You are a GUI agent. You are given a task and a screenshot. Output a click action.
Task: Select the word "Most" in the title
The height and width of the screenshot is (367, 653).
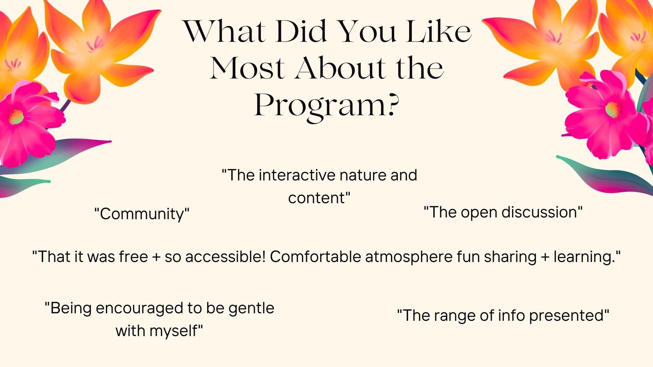[247, 68]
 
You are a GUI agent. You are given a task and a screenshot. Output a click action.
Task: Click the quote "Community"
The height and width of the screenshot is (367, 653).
[142, 214]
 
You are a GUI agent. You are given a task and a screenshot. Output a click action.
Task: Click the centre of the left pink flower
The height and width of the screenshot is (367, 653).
[16, 117]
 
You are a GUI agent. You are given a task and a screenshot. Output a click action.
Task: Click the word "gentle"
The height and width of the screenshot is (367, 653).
[251, 309]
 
